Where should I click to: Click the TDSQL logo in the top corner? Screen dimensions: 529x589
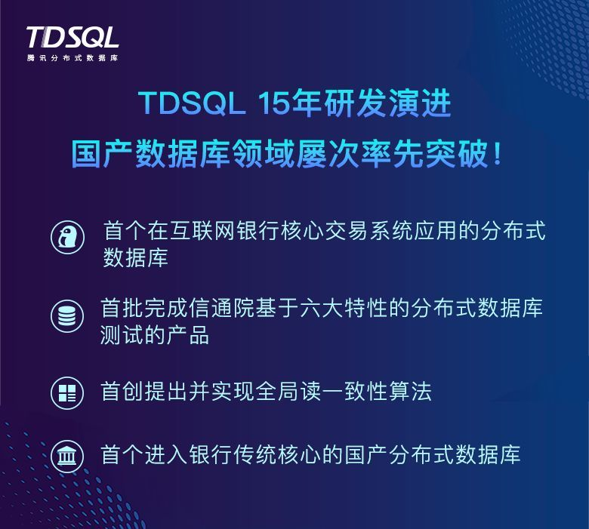[72, 37]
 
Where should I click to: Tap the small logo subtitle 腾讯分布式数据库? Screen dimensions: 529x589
[72, 58]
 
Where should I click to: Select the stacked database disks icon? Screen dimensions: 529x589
[67, 315]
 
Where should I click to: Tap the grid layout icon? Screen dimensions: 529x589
[67, 393]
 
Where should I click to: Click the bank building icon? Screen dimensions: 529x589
[67, 457]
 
